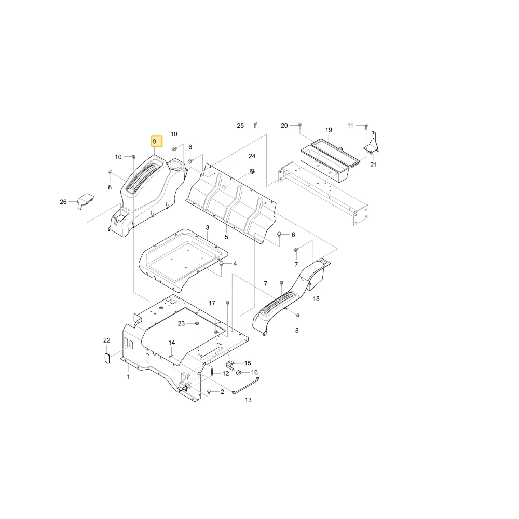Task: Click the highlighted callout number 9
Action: click(x=155, y=141)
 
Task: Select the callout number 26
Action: click(x=63, y=202)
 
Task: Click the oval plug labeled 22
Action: click(x=107, y=358)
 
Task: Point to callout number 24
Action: click(x=252, y=156)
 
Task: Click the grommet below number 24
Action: click(x=252, y=171)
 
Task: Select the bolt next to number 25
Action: click(x=255, y=125)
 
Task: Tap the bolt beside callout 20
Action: click(x=300, y=125)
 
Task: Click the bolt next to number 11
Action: click(x=366, y=126)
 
